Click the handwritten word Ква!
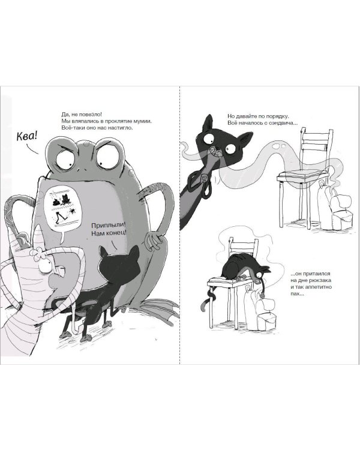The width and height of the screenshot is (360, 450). pyautogui.click(x=27, y=136)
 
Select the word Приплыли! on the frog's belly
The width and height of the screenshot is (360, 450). pyautogui.click(x=109, y=225)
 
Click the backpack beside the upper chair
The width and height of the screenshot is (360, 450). pyautogui.click(x=336, y=206)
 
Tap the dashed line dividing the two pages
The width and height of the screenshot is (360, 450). pyautogui.click(x=180, y=225)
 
